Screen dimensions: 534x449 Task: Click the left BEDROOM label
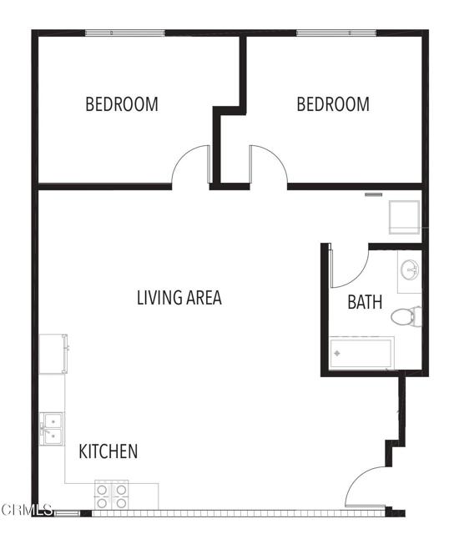pyautogui.click(x=122, y=105)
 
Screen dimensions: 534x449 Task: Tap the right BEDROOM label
pyautogui.click(x=333, y=105)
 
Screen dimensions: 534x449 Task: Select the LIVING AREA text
pyautogui.click(x=179, y=298)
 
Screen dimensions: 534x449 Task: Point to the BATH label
pyautogui.click(x=365, y=302)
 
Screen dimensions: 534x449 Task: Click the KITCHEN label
pyautogui.click(x=108, y=452)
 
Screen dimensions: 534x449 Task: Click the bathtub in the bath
pyautogui.click(x=361, y=354)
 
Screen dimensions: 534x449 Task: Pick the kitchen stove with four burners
pyautogui.click(x=112, y=496)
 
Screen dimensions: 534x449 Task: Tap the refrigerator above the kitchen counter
pyautogui.click(x=53, y=354)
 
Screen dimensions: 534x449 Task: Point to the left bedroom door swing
pyautogui.click(x=190, y=165)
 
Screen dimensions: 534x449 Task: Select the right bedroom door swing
pyautogui.click(x=267, y=165)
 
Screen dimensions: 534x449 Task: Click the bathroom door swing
pyautogui.click(x=349, y=265)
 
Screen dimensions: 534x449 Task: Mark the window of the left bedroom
pyautogui.click(x=124, y=33)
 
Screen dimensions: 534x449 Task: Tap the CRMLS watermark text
pyautogui.click(x=27, y=509)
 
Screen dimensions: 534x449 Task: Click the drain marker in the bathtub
pyautogui.click(x=338, y=354)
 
